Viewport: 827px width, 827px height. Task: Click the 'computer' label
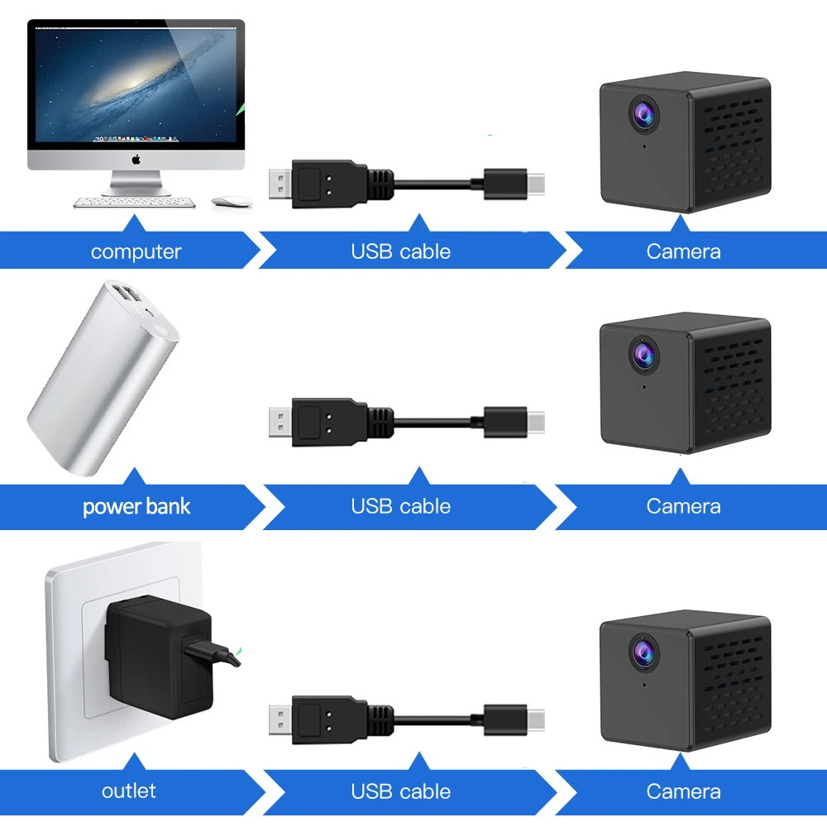pyautogui.click(x=136, y=251)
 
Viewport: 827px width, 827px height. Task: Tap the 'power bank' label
pyautogui.click(x=136, y=506)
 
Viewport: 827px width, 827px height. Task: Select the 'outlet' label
pyautogui.click(x=129, y=791)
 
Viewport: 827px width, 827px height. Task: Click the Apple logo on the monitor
pyautogui.click(x=136, y=160)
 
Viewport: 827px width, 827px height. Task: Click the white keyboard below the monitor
pyautogui.click(x=135, y=202)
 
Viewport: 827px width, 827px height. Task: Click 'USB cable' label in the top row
pyautogui.click(x=401, y=251)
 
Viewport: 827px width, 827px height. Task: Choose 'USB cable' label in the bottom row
pyautogui.click(x=401, y=791)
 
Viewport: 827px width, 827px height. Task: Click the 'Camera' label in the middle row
pyautogui.click(x=683, y=506)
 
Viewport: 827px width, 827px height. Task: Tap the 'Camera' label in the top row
pyautogui.click(x=683, y=251)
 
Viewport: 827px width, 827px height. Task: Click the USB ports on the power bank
pyautogui.click(x=128, y=295)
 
